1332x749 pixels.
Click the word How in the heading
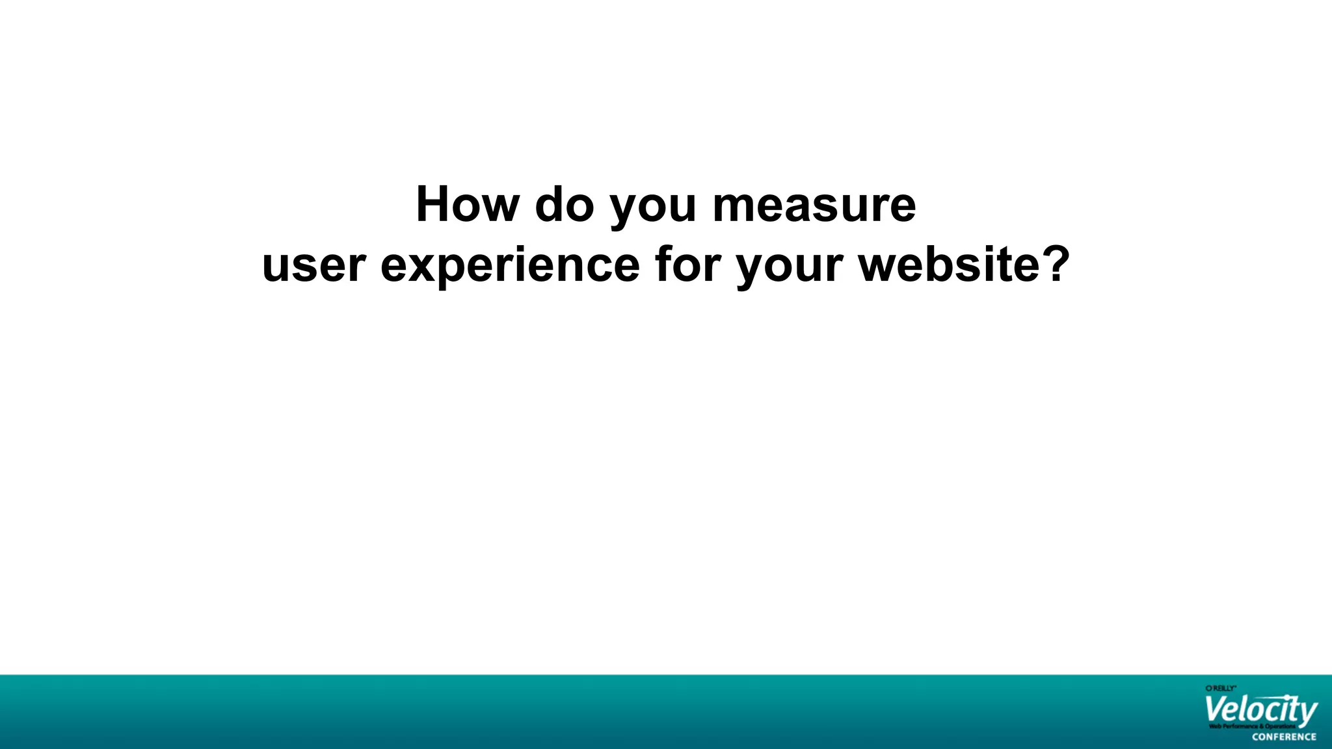click(468, 205)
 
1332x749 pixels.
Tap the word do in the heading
click(565, 205)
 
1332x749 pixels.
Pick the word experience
click(510, 267)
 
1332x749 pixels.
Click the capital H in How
click(434, 205)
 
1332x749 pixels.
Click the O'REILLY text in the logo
click(1220, 688)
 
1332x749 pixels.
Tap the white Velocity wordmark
click(1260, 710)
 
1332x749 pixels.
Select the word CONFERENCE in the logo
click(1284, 737)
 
